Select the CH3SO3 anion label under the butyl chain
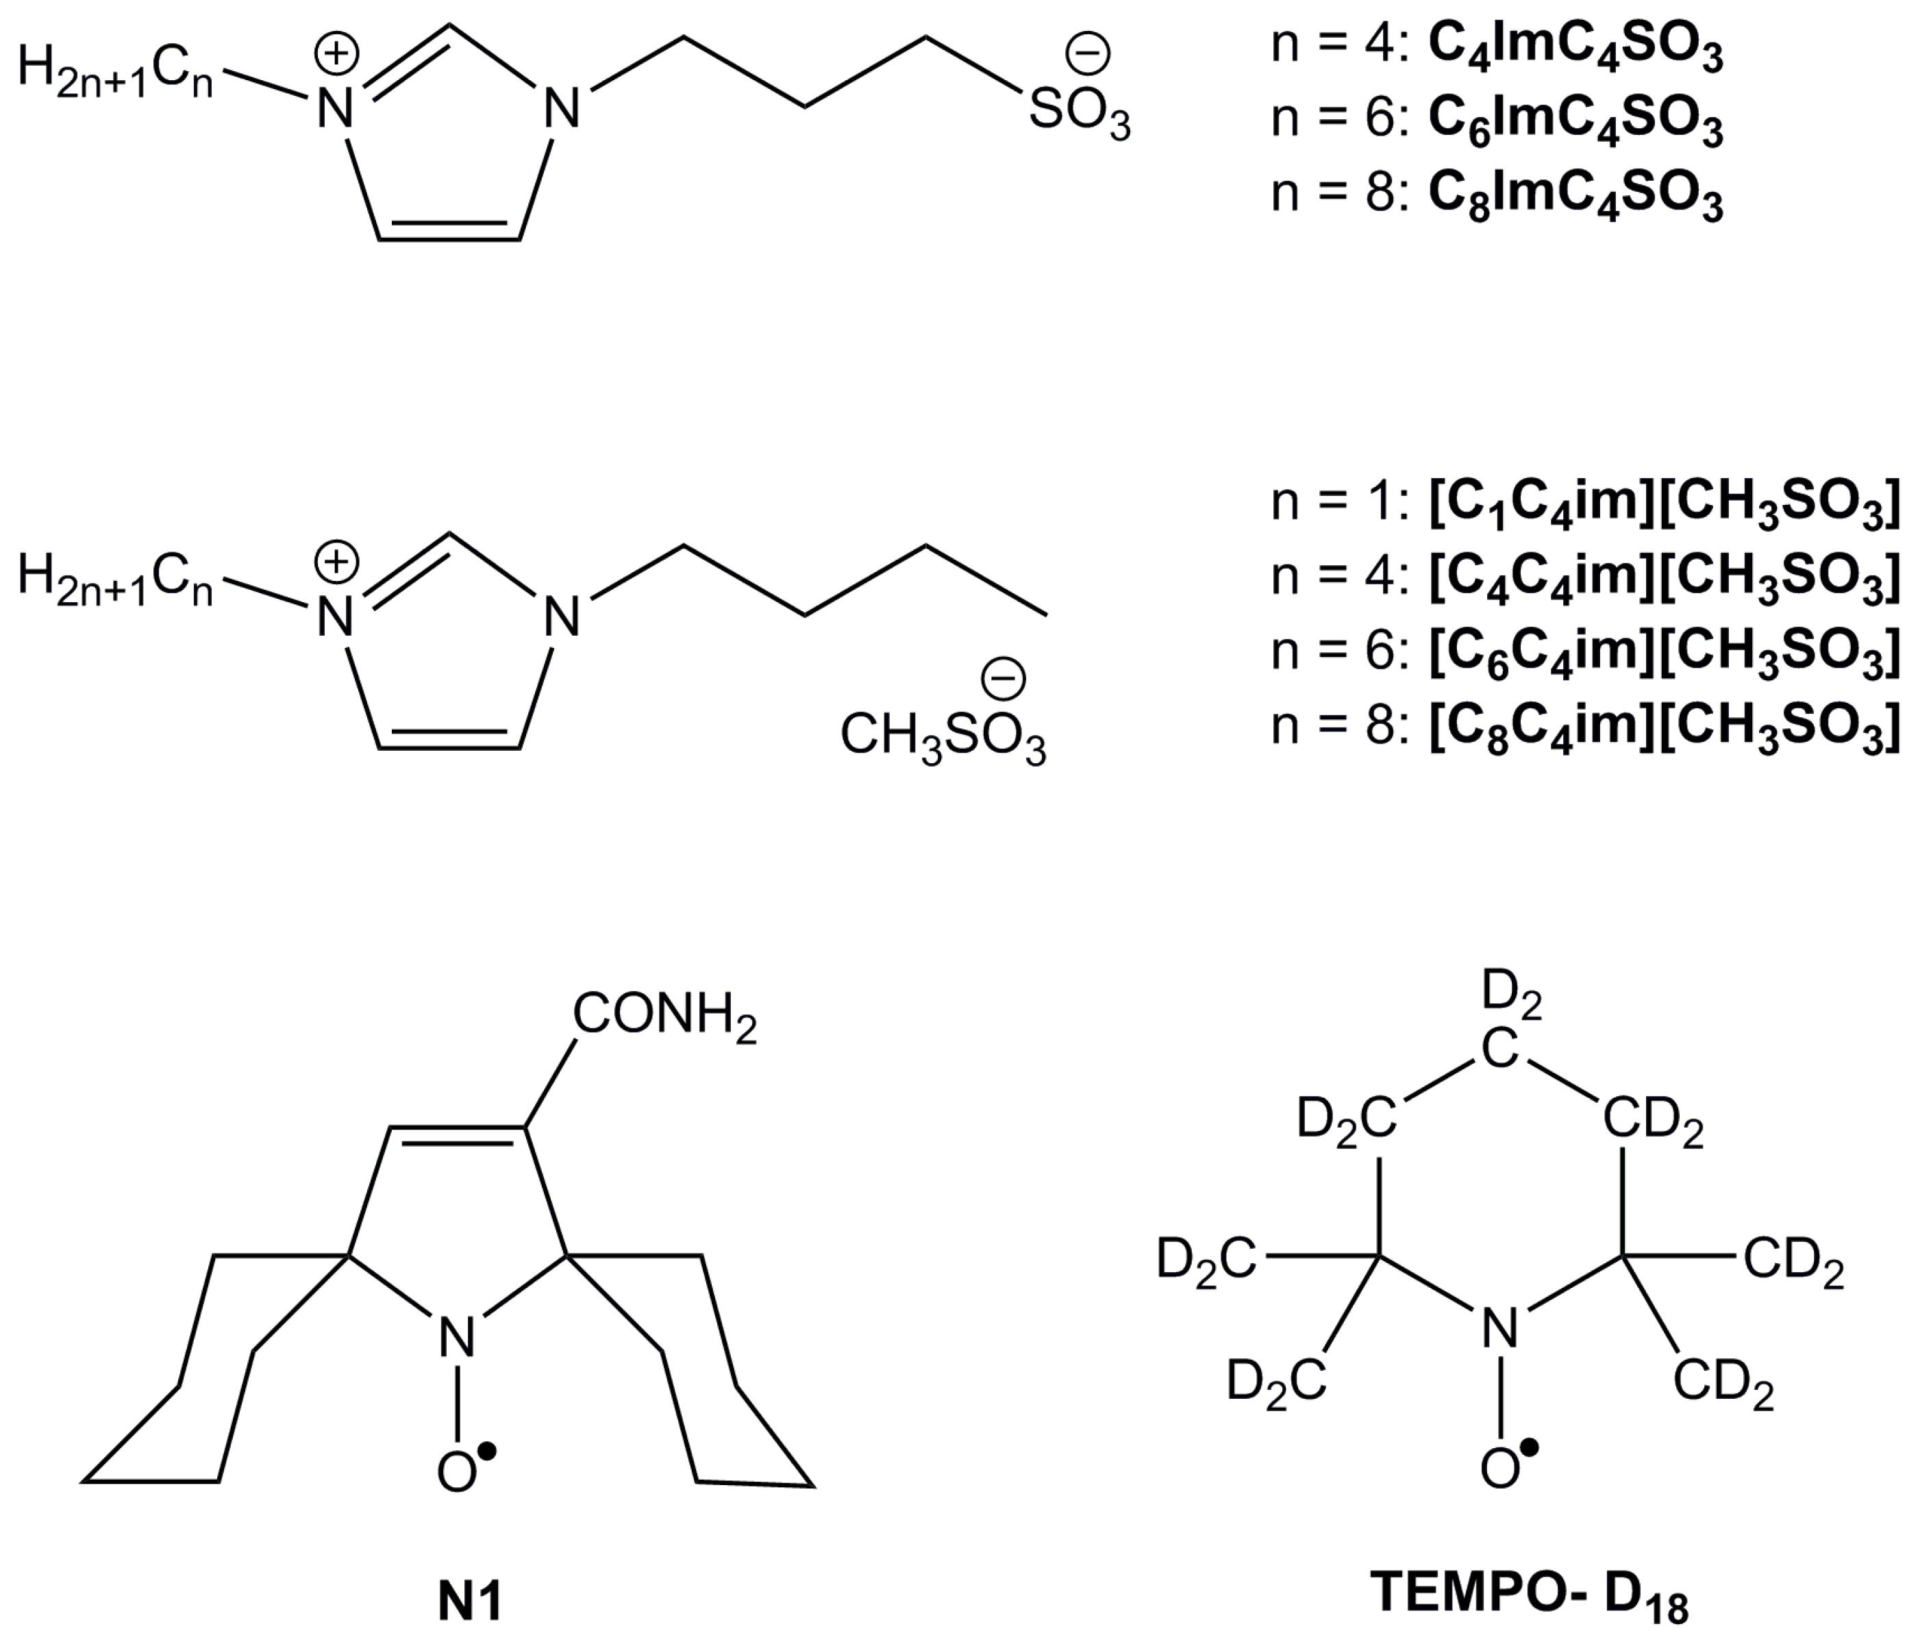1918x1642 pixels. pos(943,738)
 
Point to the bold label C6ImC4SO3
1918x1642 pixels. pos(1576,122)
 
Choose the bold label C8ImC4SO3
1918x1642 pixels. pos(1576,197)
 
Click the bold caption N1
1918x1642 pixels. pos(470,1602)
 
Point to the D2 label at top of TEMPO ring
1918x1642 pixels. pos(1512,995)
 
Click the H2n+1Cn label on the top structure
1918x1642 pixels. pos(116,73)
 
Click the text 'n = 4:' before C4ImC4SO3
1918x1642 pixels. pos(1339,47)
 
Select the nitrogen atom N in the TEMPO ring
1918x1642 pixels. pos(1499,1330)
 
